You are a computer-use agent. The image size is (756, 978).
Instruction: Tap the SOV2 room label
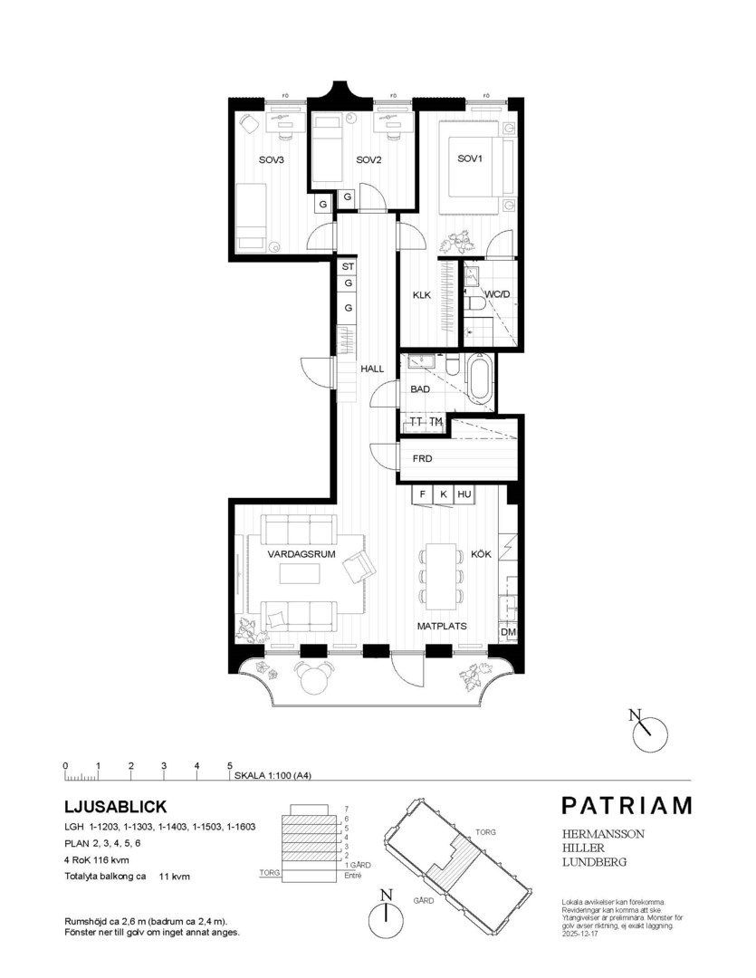pyautogui.click(x=368, y=160)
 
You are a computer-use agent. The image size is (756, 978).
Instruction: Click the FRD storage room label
pyautogui.click(x=422, y=459)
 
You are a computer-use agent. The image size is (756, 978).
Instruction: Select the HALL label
pyautogui.click(x=373, y=369)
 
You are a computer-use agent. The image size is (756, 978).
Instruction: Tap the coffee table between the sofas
pyautogui.click(x=299, y=574)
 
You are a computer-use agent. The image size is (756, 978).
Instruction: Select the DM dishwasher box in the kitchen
pyautogui.click(x=507, y=632)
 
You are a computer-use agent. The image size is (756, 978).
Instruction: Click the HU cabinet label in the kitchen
pyautogui.click(x=464, y=494)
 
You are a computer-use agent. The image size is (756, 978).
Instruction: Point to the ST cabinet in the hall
pyautogui.click(x=348, y=267)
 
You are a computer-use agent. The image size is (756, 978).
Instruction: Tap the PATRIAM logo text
pyautogui.click(x=626, y=805)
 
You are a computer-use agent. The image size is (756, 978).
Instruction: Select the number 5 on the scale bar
pyautogui.click(x=230, y=766)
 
